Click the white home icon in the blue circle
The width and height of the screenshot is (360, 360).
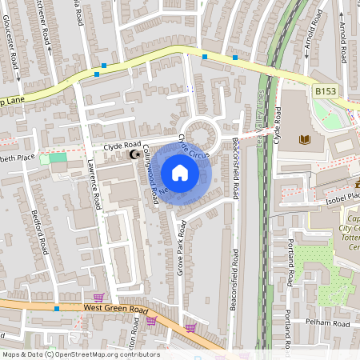180,172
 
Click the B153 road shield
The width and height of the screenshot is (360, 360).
324,92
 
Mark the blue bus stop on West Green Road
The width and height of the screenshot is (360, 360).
56,308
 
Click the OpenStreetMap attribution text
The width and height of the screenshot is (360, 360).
81,354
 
